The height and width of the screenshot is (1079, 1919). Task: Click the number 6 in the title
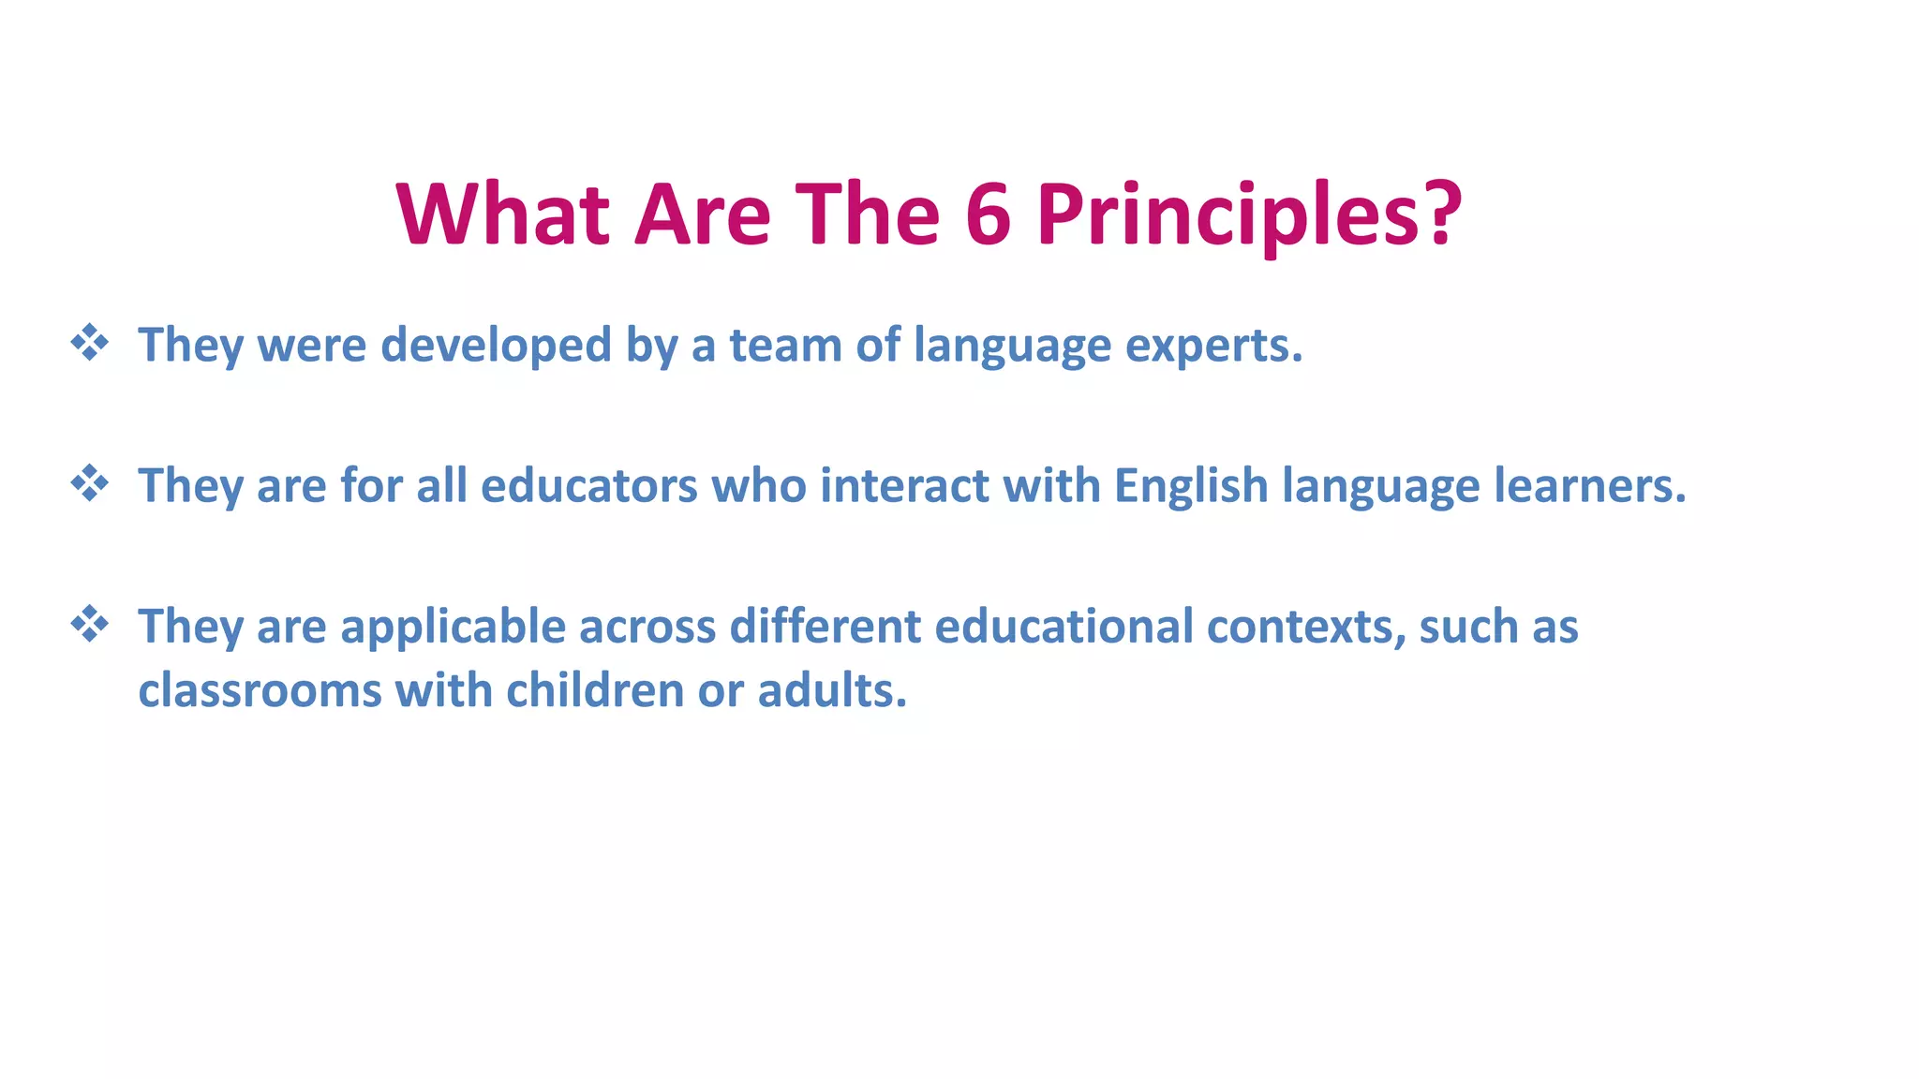988,214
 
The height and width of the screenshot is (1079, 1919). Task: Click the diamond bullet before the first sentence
90,343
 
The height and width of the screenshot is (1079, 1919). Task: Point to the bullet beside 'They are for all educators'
90,483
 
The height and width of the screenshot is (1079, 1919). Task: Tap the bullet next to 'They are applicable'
90,624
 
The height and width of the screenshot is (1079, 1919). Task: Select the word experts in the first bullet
1212,345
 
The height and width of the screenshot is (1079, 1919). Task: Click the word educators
588,485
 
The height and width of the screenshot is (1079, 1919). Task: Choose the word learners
1588,485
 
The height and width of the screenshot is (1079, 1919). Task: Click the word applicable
453,626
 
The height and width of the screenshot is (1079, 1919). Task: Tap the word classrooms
260,690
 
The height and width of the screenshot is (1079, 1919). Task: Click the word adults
831,690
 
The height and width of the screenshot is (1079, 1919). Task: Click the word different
825,626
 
